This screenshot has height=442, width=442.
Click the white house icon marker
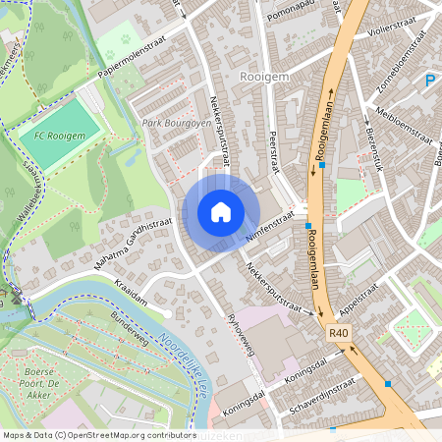tap(221, 211)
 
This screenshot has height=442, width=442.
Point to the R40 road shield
tap(339, 335)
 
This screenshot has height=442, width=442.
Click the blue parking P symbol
tap(428, 82)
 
